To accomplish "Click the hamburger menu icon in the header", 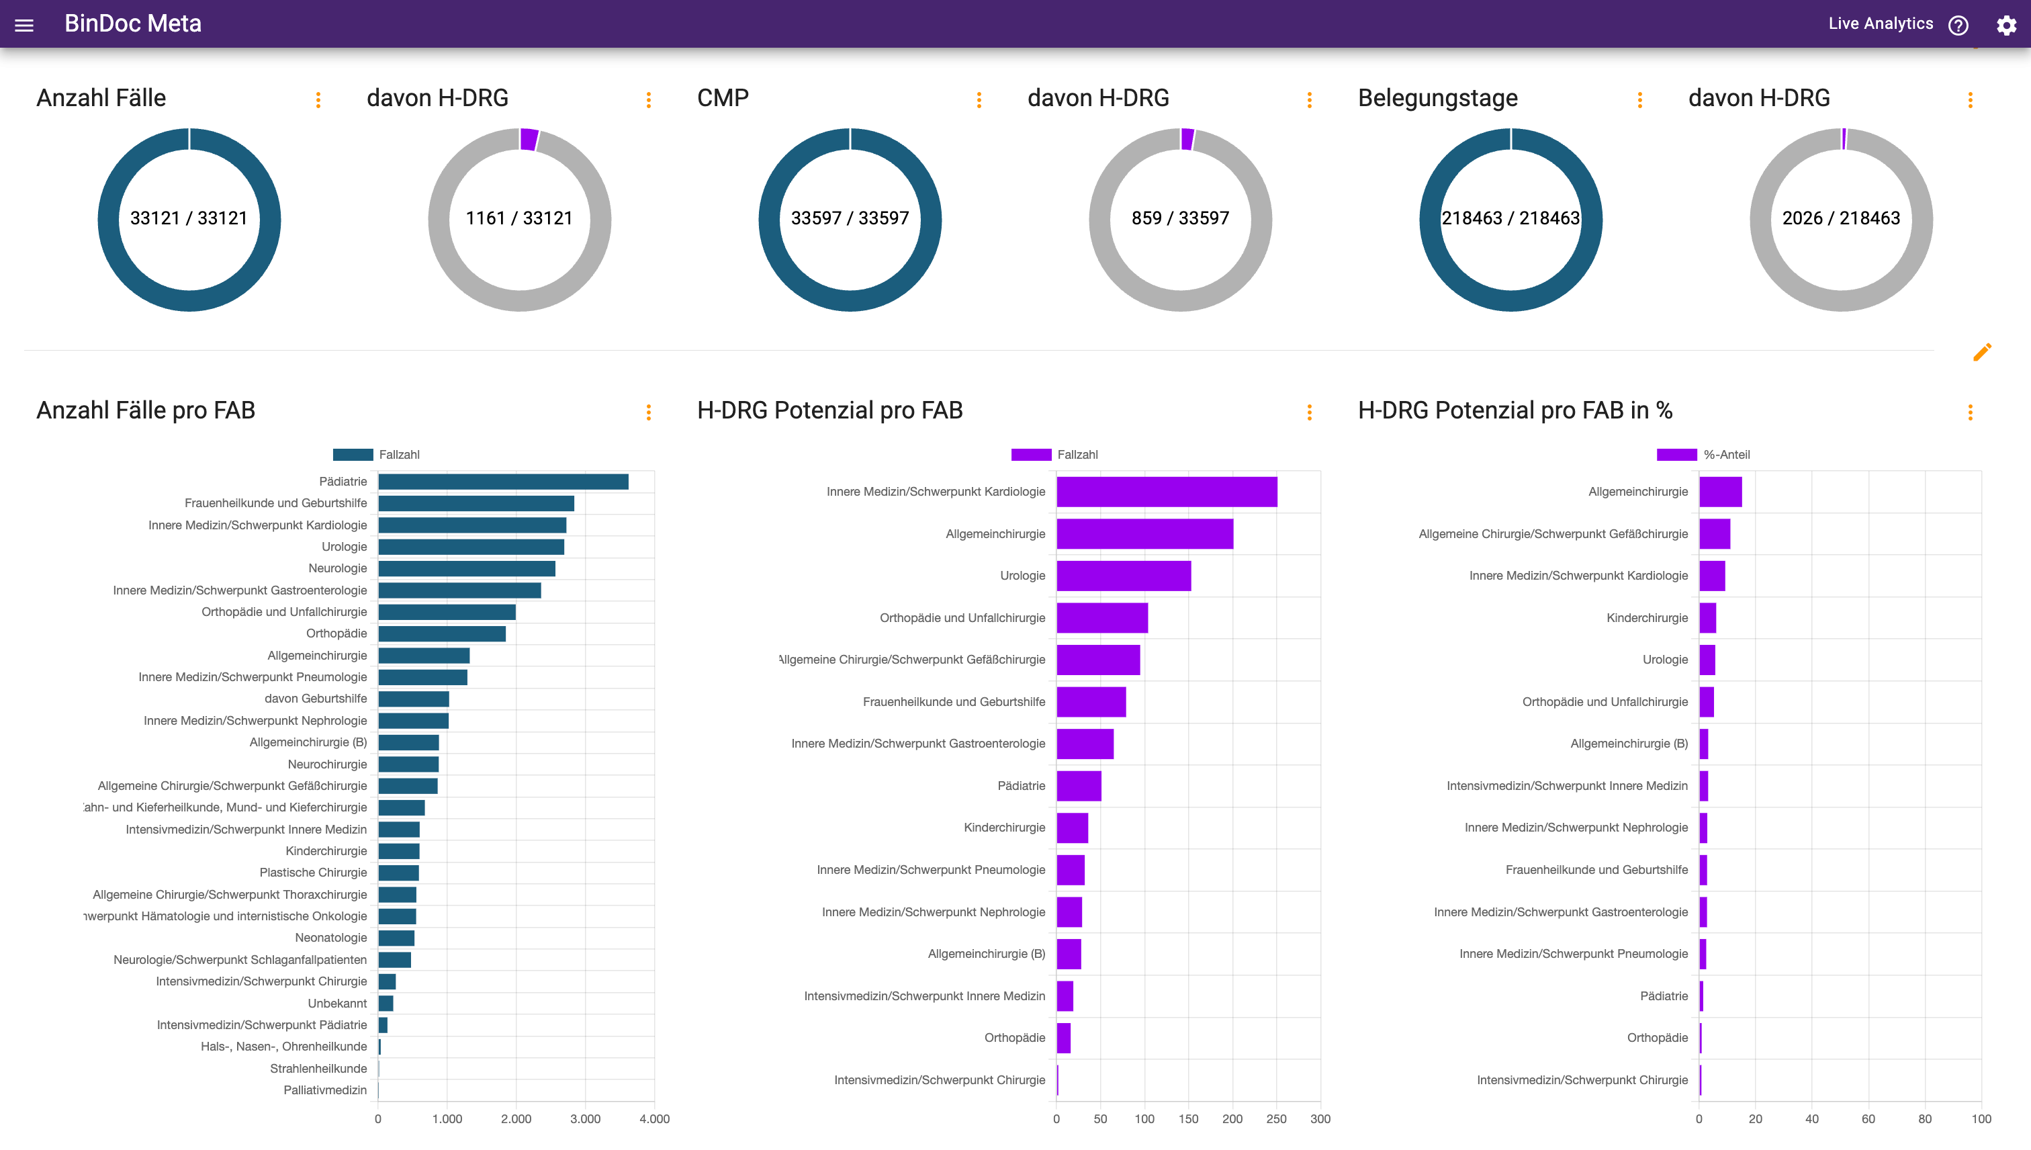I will pyautogui.click(x=24, y=26).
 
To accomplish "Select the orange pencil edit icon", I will pyautogui.click(x=1982, y=352).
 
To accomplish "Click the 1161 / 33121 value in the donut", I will pyautogui.click(x=518, y=218).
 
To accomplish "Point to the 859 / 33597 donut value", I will pyautogui.click(x=1180, y=218).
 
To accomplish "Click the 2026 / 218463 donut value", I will pyautogui.click(x=1841, y=218).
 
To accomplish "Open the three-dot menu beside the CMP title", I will pyautogui.click(x=979, y=100).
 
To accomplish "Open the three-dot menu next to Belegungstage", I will pyautogui.click(x=1640, y=100).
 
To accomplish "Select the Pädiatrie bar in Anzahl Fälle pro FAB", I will pyautogui.click(x=503, y=482).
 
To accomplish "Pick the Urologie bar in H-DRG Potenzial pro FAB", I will pyautogui.click(x=1123, y=576).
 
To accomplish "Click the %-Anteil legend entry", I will pyautogui.click(x=1726, y=455).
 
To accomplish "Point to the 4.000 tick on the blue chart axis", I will pyautogui.click(x=654, y=1119).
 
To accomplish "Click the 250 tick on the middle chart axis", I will pyautogui.click(x=1276, y=1119).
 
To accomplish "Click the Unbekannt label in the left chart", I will pyautogui.click(x=337, y=1003).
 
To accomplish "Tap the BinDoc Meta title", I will pyautogui.click(x=133, y=24).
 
